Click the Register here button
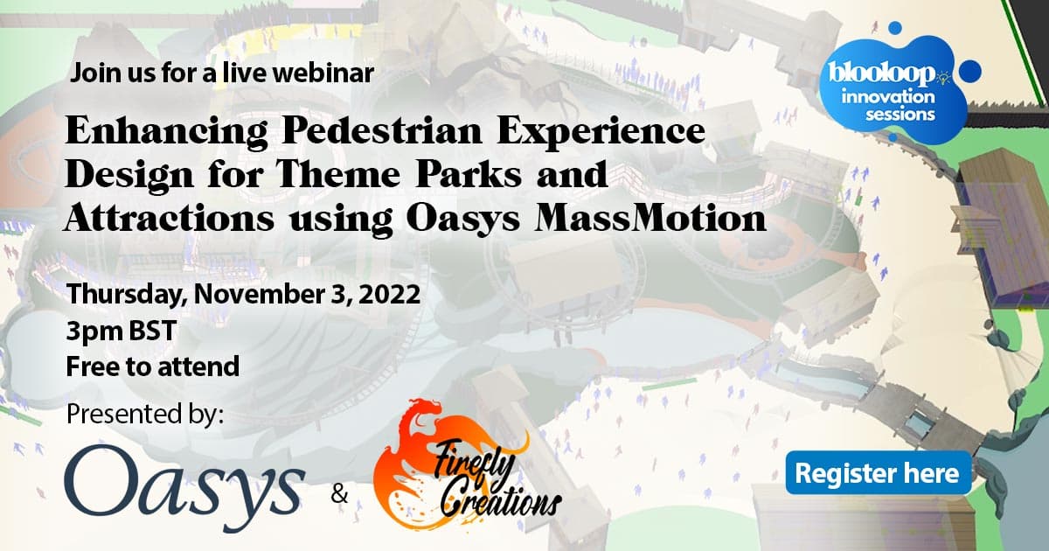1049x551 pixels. [878, 473]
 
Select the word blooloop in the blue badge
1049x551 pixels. [881, 74]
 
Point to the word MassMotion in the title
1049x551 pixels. [650, 219]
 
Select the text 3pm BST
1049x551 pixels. [121, 331]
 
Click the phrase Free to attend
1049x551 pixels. [153, 366]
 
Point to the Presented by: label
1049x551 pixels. [145, 414]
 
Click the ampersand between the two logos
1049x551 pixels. [339, 494]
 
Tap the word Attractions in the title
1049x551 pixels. [169, 219]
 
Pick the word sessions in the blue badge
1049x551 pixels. [900, 115]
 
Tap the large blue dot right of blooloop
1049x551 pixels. [969, 72]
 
